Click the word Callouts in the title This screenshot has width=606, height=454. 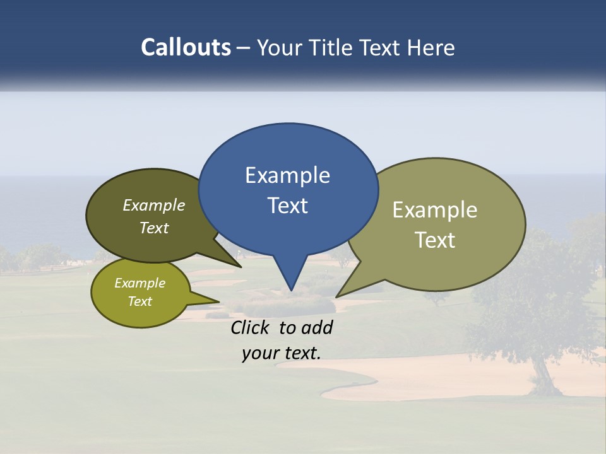pos(186,47)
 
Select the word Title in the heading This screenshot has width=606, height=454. pos(332,48)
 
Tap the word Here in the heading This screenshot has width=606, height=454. pos(431,48)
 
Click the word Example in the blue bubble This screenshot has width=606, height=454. pos(287,175)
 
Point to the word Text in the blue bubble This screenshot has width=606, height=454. pos(287,206)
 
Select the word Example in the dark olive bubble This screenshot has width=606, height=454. pos(153,205)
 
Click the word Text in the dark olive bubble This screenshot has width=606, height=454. pos(153,228)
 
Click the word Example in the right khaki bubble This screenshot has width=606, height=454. pos(435,210)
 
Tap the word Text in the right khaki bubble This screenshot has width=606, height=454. pos(435,240)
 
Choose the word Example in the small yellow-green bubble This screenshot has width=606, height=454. pos(140,283)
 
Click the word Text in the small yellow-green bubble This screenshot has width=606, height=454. pos(140,301)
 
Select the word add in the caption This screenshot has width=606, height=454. pos(318,327)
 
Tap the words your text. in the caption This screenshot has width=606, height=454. pos(281,353)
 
